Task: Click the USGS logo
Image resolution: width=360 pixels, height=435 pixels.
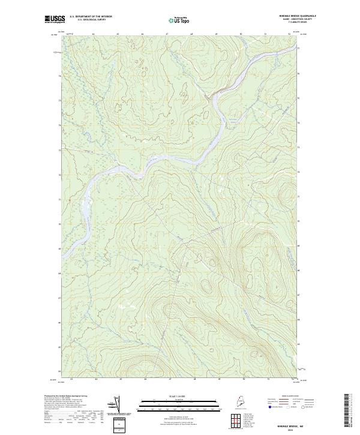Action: (53, 20)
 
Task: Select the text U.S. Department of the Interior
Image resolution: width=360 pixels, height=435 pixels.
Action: (91, 17)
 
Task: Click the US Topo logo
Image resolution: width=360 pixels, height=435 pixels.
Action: (181, 20)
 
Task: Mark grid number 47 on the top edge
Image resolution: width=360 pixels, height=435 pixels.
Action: (166, 35)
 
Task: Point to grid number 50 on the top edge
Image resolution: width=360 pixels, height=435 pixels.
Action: (240, 35)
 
